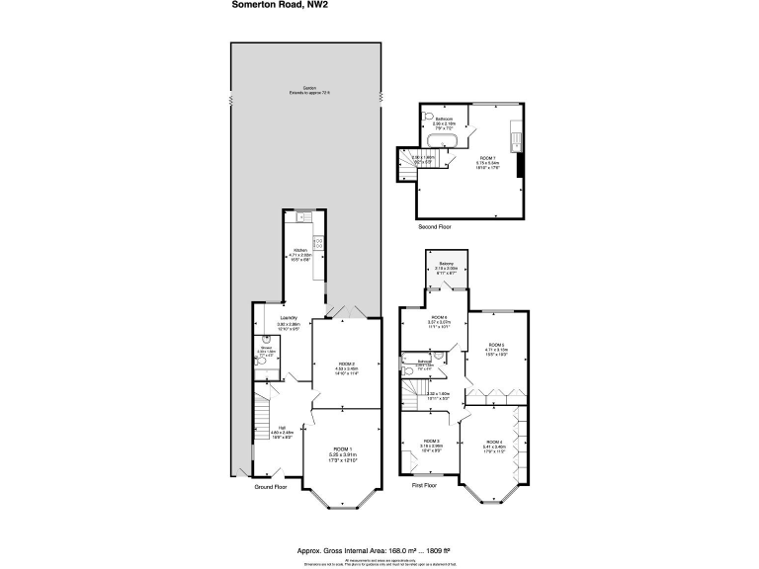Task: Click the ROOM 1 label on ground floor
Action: [341, 450]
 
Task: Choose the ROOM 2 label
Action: [341, 364]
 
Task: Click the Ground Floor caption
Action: [270, 487]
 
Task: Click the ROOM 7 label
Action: [488, 159]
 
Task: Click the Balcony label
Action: [447, 263]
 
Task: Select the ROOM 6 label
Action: [439, 316]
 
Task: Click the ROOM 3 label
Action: [431, 441]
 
